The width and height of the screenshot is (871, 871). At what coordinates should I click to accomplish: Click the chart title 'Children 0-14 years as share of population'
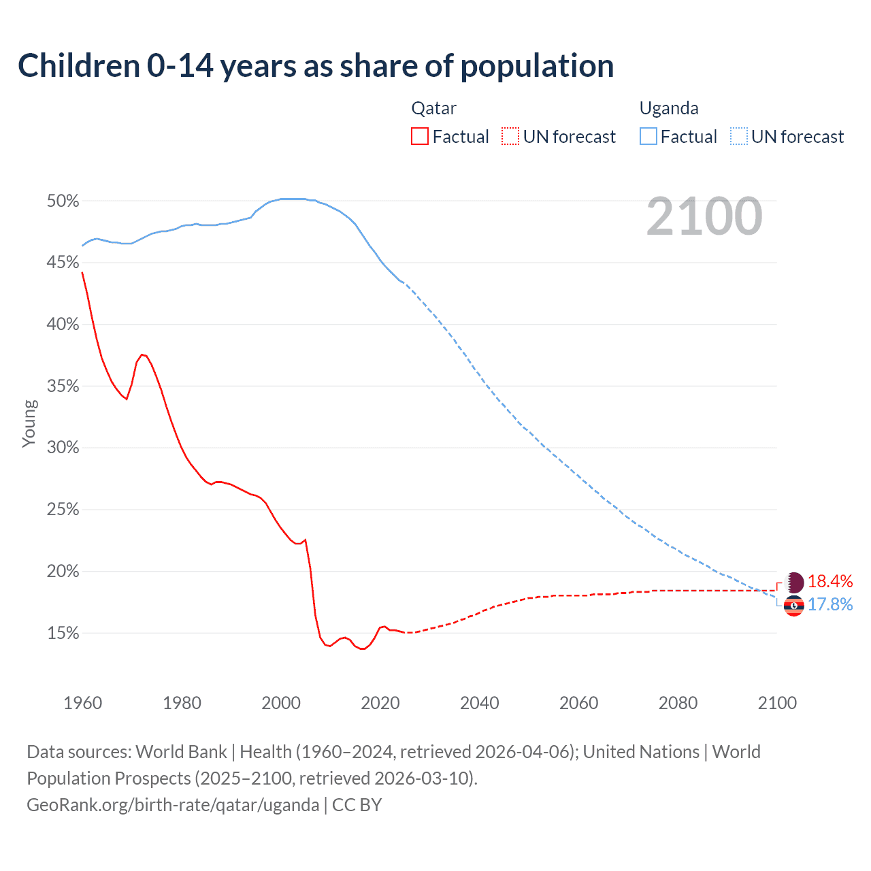coord(316,66)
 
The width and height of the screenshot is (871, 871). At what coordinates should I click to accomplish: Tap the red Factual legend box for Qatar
coord(420,137)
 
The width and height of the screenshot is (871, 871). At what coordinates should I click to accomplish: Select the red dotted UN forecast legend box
coord(510,137)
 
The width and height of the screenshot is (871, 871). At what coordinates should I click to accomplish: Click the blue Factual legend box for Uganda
coord(648,137)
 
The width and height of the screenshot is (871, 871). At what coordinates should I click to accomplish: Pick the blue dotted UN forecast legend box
coord(738,137)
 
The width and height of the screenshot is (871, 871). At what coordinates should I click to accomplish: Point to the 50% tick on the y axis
coord(63,201)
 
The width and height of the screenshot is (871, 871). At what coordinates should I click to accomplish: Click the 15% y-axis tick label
coord(63,634)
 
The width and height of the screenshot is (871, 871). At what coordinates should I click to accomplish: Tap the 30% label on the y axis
coord(63,448)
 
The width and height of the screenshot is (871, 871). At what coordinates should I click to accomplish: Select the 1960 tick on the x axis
coord(82,703)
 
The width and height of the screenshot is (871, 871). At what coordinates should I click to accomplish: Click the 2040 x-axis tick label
coord(479,703)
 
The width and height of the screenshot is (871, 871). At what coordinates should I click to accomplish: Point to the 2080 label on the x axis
coord(678,703)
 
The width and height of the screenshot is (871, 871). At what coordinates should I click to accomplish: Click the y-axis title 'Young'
coord(29,423)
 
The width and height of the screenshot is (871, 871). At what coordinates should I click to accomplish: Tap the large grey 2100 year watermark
coord(704,216)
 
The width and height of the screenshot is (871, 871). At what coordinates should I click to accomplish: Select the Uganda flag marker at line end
coord(794,605)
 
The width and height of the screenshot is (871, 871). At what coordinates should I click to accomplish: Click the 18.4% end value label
coord(830,581)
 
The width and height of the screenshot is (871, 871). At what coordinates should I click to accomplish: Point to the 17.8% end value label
coord(830,605)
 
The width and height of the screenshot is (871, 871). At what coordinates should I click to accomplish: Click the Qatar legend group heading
coord(433,108)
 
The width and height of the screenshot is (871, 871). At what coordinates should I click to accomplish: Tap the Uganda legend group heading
coord(669,108)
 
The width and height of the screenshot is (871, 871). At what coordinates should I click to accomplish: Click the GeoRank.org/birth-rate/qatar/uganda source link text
coord(173,805)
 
